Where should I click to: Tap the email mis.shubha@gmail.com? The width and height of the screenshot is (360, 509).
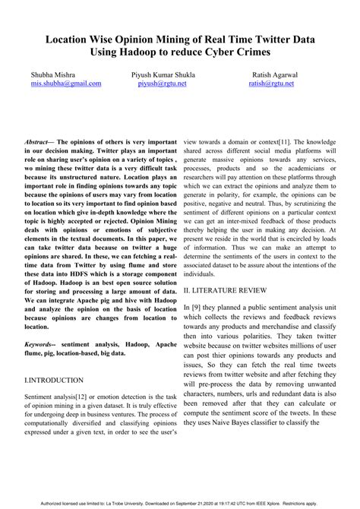[x=65, y=85]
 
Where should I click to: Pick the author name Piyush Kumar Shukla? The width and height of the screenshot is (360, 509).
[x=163, y=76]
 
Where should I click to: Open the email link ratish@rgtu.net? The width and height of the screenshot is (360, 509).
[x=271, y=85]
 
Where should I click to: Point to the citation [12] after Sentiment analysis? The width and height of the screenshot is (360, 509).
[x=90, y=397]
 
